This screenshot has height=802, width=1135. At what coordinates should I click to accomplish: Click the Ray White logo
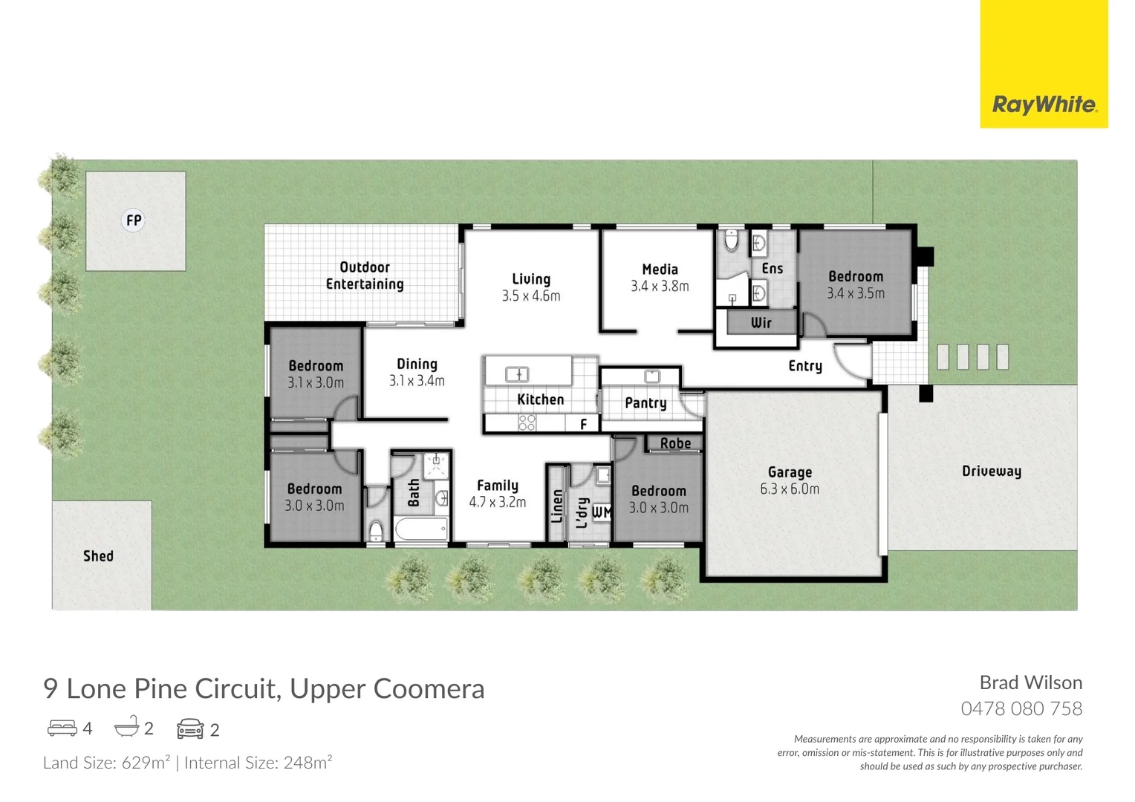1044,104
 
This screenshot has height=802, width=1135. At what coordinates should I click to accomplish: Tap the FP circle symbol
134,221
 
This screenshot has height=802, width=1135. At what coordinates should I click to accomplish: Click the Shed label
98,556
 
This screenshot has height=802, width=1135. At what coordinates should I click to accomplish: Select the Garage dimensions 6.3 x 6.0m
790,489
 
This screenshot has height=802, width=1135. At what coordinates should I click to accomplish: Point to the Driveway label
991,472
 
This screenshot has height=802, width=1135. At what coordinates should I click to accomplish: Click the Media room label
660,270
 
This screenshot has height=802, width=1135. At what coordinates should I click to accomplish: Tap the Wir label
761,323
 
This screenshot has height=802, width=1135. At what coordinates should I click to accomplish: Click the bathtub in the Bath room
421,530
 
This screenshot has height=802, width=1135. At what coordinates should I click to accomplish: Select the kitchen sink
517,374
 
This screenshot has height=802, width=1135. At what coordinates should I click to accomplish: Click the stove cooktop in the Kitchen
527,423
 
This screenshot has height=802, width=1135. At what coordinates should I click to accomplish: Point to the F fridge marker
584,424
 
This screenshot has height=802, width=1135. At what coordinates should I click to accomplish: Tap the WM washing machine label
602,512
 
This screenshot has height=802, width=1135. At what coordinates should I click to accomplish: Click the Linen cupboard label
557,506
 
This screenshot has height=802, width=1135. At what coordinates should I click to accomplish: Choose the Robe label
675,443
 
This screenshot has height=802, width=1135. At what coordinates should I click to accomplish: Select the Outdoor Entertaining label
365,276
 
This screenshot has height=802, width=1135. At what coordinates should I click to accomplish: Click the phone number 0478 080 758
1021,708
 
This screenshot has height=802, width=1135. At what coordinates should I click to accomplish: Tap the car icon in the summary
190,729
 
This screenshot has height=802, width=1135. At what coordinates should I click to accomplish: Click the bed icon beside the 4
62,728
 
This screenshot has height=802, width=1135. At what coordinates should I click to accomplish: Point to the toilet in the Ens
731,241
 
